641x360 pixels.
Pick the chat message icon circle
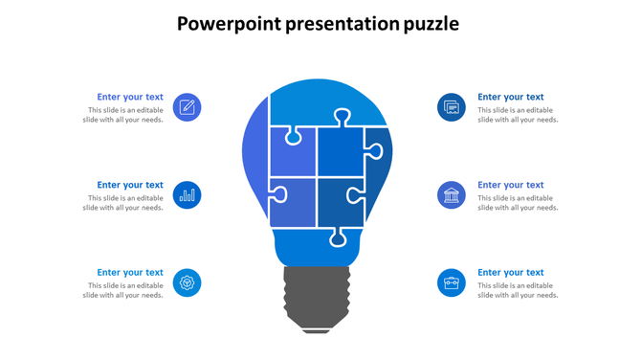tap(452, 107)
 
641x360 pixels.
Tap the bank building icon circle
tap(452, 195)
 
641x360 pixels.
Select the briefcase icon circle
tap(452, 282)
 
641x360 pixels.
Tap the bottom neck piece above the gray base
tap(316, 248)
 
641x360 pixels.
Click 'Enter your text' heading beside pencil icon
tap(130, 97)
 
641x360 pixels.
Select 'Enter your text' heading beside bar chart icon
tap(130, 185)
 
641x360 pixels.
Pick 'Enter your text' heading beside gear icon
tap(130, 273)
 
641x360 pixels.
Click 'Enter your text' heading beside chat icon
tap(511, 97)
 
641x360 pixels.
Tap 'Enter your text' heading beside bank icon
tap(511, 185)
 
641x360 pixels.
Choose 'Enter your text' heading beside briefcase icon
tap(511, 273)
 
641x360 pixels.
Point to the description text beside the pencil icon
tap(123, 115)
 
